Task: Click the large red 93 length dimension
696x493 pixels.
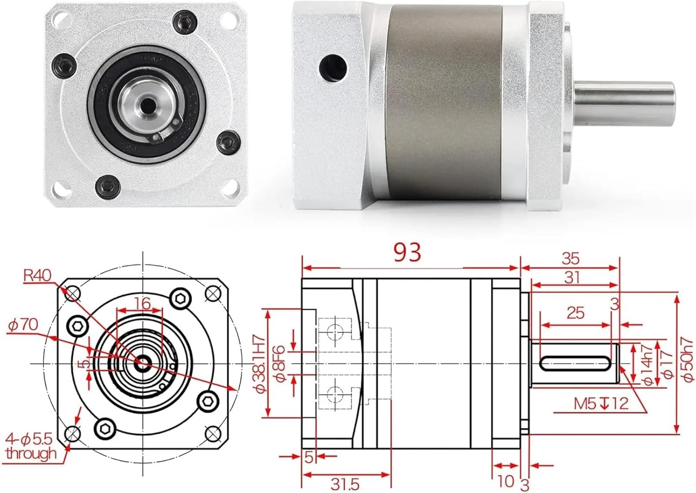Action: pos(407,253)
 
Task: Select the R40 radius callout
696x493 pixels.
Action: pos(37,276)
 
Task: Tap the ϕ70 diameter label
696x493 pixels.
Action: pos(23,325)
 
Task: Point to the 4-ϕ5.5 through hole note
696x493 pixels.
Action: pos(31,446)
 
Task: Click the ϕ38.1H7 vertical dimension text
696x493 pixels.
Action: pos(261,363)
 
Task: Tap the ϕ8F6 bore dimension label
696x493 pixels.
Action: pos(279,363)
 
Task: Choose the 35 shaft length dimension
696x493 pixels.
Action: pos(570,259)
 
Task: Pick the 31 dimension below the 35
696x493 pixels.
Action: pos(572,277)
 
